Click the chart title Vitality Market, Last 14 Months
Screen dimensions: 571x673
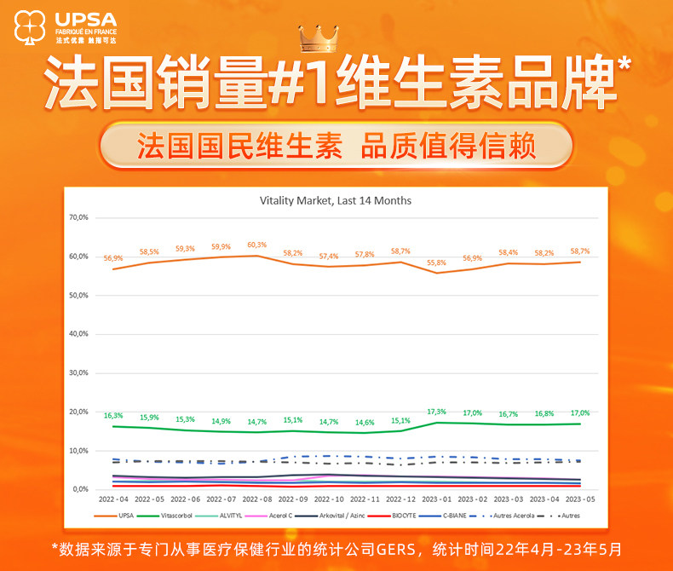335,200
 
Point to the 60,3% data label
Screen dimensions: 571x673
256,245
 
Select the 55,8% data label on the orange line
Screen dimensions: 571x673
437,262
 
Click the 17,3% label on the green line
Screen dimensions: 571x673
437,412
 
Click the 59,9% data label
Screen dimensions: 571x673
221,247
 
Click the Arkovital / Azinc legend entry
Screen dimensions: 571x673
343,516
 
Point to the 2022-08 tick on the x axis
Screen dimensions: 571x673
256,499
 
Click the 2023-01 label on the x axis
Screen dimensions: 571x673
437,499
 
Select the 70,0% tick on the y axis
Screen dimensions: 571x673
78,217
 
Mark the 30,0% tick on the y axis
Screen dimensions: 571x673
78,372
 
